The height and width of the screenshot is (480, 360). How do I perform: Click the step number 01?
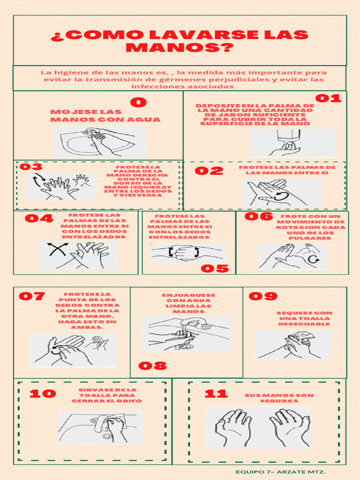point(328,98)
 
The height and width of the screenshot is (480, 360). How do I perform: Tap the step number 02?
point(209,171)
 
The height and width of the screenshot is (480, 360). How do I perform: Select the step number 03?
point(31,167)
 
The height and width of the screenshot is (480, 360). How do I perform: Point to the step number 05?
point(215,269)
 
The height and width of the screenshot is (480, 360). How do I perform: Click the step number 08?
point(153,366)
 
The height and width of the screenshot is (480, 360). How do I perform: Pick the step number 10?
point(43,394)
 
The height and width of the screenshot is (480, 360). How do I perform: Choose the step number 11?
point(217,394)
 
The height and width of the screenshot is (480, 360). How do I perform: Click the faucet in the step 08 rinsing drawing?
point(193,324)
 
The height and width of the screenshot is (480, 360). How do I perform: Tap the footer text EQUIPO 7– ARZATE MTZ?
point(280,472)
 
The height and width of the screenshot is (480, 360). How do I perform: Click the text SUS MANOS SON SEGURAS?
point(279,398)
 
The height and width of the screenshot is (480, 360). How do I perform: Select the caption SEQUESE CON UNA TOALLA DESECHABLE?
point(304,319)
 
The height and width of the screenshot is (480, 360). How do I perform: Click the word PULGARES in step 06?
point(310,238)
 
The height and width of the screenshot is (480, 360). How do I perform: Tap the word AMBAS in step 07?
point(87,327)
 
